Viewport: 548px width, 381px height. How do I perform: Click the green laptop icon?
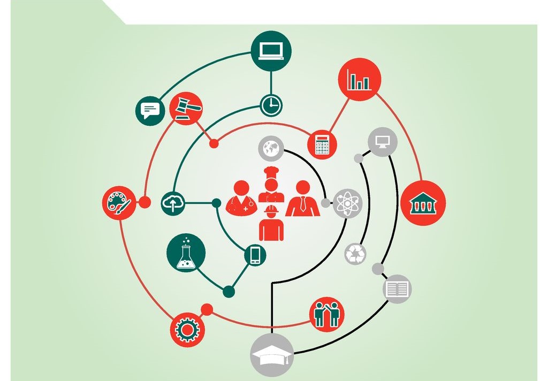(271, 51)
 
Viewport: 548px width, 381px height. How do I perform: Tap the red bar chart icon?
(359, 79)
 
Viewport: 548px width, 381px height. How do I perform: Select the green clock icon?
(271, 104)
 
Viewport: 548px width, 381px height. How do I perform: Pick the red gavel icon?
(186, 108)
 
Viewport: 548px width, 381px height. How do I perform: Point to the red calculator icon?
(322, 144)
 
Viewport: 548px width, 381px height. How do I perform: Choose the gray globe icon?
(271, 148)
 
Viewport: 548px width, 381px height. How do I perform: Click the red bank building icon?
(423, 203)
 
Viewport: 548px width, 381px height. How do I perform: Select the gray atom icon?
(347, 203)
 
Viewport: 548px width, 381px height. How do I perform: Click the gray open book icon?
(397, 289)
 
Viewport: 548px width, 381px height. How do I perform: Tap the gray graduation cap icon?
(272, 355)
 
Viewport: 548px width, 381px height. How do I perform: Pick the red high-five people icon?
(326, 314)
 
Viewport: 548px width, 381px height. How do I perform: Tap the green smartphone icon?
(255, 254)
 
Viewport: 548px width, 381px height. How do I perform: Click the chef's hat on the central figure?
(272, 174)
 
